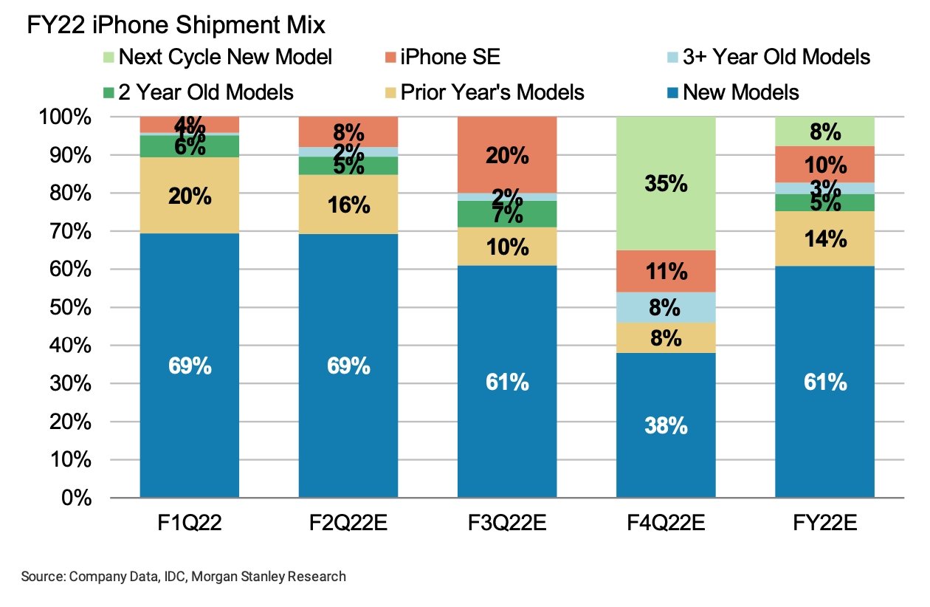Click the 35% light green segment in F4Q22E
(x=666, y=183)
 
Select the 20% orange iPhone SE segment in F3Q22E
(x=507, y=155)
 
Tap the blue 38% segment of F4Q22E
(x=666, y=425)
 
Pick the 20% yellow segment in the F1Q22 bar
(x=190, y=196)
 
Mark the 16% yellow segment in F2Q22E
(x=348, y=205)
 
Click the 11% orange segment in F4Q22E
(x=666, y=271)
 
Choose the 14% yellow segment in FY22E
(x=824, y=238)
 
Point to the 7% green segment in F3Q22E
(x=507, y=214)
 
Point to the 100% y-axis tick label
(x=65, y=117)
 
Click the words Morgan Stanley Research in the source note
(x=268, y=576)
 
